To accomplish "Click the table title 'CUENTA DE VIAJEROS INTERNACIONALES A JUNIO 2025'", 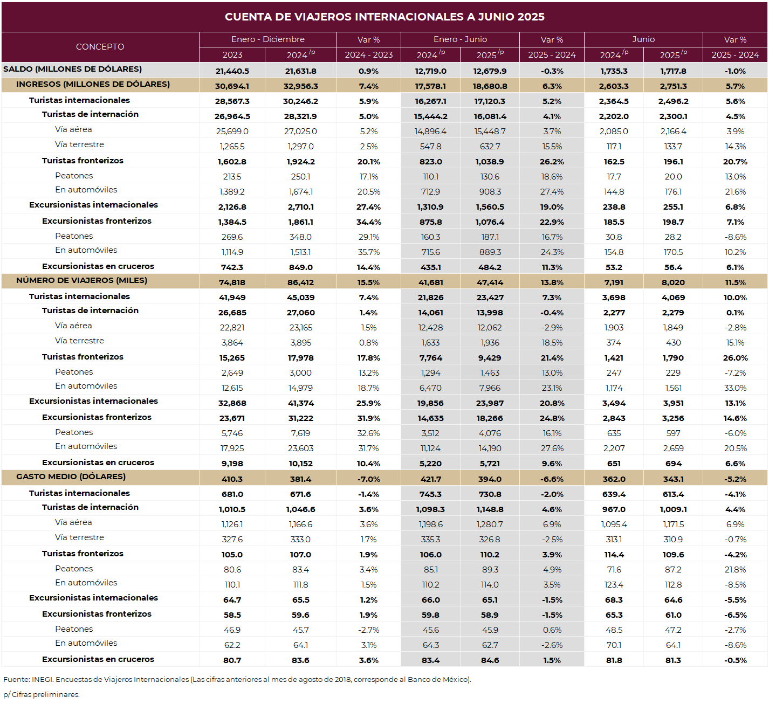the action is [384, 17].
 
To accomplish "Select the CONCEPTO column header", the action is [100, 47].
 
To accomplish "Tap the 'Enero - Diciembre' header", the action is [267, 39].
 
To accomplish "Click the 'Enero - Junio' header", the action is [460, 39].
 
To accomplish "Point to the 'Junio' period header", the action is [643, 39].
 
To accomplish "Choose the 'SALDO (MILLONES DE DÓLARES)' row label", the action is [72, 69].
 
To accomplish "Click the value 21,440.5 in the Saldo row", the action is [232, 71].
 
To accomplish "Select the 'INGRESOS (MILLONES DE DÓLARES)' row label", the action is [93, 84].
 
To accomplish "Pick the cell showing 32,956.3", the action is [300, 86].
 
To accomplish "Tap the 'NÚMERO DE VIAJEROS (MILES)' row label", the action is [81, 280].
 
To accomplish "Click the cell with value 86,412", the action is [300, 283].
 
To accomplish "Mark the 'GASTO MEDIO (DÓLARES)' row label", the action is [71, 477].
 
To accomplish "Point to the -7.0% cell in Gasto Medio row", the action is [368, 479].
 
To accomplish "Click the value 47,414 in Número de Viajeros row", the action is [490, 283].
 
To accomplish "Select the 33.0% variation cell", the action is [735, 388].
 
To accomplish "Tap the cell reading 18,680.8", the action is [490, 86].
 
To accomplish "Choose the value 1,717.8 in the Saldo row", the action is [673, 71].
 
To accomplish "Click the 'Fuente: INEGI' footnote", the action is [237, 679].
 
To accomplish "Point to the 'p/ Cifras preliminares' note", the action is [42, 694].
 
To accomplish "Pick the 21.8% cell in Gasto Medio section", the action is [735, 570].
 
